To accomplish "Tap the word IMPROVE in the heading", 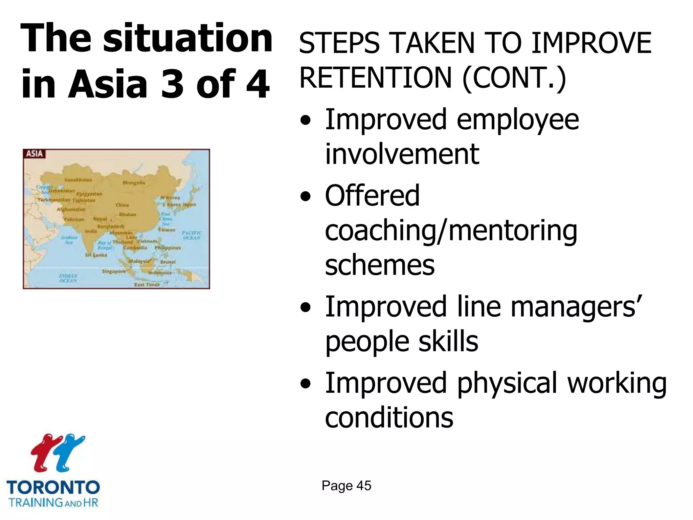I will click(x=591, y=43).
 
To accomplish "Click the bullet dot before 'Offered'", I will click(x=306, y=196).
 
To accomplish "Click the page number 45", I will click(x=364, y=486).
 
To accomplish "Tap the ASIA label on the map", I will click(x=35, y=154).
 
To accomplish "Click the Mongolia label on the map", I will click(x=134, y=183).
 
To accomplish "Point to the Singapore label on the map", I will click(x=114, y=272).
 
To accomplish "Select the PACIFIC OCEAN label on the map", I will click(x=192, y=235).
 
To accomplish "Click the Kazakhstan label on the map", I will click(x=78, y=180).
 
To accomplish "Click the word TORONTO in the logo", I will click(x=53, y=488).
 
